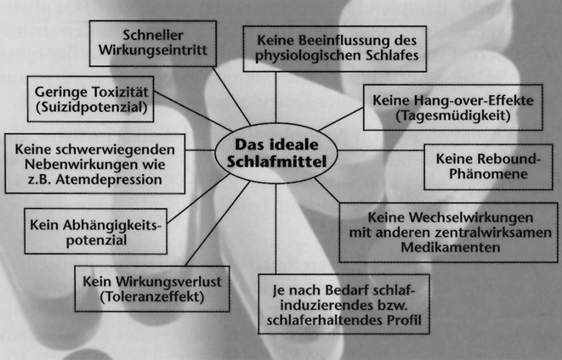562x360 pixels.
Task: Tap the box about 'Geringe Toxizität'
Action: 92,100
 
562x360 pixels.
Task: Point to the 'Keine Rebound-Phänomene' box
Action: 483,165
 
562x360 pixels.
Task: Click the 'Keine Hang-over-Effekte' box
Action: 453,106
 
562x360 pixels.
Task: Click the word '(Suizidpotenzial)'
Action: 92,108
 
